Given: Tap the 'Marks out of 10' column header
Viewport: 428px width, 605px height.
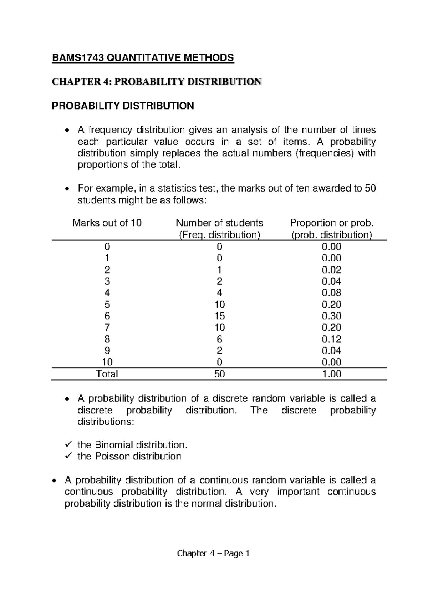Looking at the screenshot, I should pos(107,223).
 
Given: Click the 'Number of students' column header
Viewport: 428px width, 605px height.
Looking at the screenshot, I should pos(219,223).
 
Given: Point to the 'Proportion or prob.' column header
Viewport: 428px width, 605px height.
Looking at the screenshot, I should pos(332,223).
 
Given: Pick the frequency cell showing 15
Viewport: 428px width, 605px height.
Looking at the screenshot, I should pos(219,316).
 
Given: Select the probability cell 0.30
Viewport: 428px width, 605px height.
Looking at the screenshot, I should pos(331,316).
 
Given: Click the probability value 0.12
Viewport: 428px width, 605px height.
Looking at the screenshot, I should pos(331,339).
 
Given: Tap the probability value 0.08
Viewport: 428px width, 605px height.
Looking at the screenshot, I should pos(331,293).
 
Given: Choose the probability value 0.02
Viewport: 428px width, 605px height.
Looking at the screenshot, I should pos(331,270).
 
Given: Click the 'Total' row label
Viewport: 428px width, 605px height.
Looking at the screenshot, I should pos(107,374).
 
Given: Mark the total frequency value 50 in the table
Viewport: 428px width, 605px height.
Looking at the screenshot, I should pos(219,374).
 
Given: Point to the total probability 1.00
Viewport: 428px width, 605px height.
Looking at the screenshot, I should pos(331,374).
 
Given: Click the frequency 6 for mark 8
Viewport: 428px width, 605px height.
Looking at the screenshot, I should pos(219,339).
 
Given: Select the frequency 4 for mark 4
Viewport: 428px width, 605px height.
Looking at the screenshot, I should pos(219,293).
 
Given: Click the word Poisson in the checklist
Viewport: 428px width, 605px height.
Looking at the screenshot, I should pos(112,456).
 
